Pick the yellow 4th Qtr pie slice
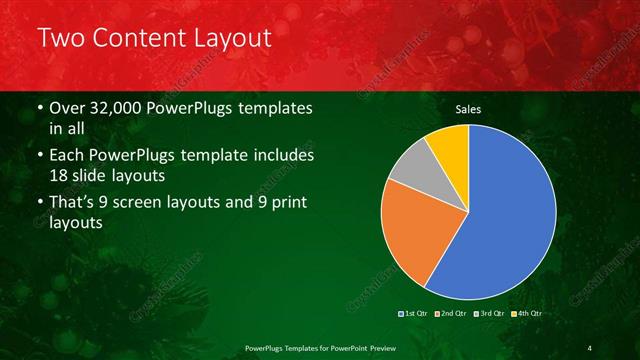(x=447, y=144)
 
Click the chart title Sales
(x=467, y=109)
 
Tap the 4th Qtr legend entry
(x=528, y=314)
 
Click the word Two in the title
(x=61, y=39)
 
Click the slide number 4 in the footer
(x=590, y=347)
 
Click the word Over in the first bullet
(x=68, y=107)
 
